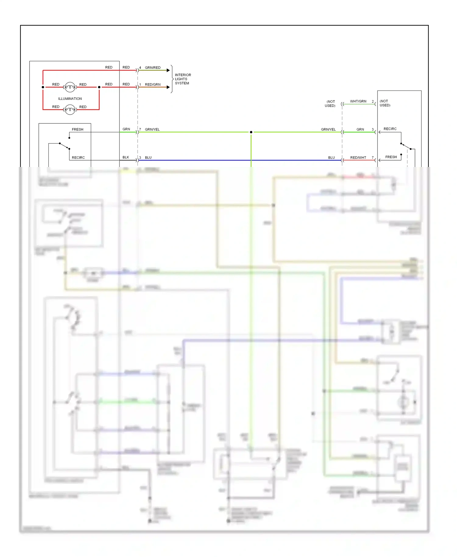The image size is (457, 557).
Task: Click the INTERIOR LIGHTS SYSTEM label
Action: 183,79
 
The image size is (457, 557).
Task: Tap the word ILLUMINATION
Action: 70,99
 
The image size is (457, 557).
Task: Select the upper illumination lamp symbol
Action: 70,87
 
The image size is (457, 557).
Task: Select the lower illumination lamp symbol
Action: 70,109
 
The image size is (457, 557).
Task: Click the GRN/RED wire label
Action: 153,68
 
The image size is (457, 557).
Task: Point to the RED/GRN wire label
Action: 153,85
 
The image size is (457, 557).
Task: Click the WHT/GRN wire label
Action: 358,101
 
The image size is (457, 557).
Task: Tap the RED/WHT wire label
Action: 358,158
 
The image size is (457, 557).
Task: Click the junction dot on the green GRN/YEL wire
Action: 251,132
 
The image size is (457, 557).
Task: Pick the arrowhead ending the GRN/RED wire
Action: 168,70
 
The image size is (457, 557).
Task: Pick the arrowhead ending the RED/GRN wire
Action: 168,87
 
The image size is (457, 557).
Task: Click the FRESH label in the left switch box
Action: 77,129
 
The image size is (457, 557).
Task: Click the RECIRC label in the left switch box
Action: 78,158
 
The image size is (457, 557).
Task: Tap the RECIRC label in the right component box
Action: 390,129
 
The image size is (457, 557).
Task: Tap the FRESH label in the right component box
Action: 391,157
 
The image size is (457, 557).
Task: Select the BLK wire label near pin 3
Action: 126,158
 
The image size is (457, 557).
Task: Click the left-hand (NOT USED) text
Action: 330,104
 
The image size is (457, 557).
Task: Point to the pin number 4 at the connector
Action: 140,68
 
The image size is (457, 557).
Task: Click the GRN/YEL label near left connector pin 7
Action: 152,129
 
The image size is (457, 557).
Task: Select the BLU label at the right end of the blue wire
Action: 331,158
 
